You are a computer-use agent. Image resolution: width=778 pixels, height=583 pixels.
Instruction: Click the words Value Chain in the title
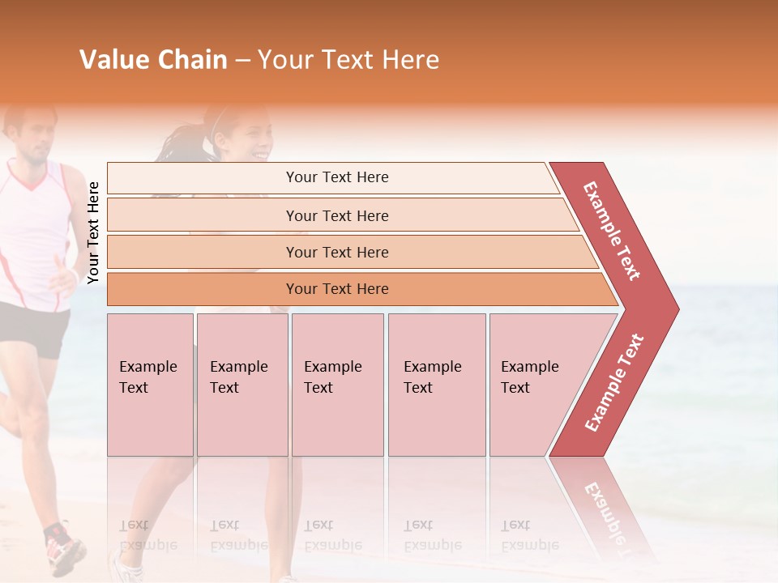pos(153,60)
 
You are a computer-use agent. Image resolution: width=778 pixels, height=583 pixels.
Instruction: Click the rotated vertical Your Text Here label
pos(93,232)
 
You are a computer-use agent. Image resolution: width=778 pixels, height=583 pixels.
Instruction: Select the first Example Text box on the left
pos(150,385)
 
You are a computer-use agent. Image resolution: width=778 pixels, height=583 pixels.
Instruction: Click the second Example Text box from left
pos(242,385)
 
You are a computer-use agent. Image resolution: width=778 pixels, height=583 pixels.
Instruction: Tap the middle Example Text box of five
pos(337,385)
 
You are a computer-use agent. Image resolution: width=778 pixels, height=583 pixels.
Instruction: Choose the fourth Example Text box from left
pos(437,385)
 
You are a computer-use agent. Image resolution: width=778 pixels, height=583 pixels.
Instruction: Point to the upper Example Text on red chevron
pos(612,231)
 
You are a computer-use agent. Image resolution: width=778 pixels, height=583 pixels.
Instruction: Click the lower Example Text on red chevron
pos(614,382)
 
